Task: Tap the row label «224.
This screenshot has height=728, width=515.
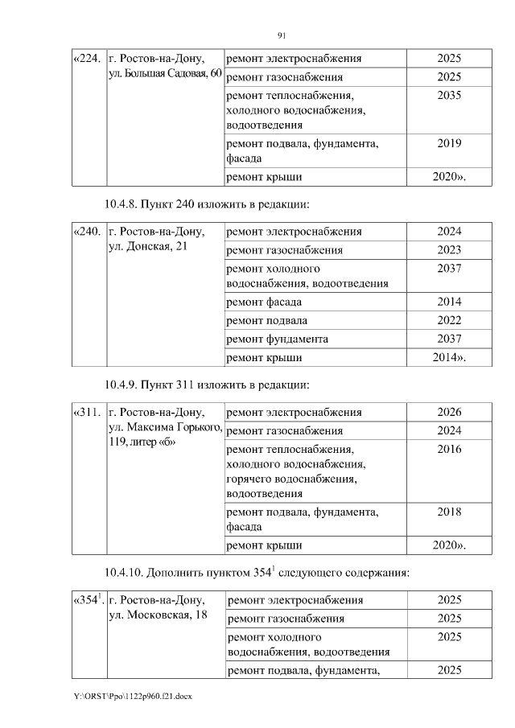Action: [x=88, y=59]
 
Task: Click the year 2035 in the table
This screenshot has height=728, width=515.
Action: [x=449, y=95]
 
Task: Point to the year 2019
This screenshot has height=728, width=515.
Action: [x=449, y=144]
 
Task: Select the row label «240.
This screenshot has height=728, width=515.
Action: [x=88, y=232]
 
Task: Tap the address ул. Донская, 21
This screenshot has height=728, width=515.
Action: [x=147, y=246]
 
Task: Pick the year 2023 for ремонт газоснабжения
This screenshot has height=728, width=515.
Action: [x=449, y=250]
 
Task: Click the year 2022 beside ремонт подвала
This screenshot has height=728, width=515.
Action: [x=449, y=320]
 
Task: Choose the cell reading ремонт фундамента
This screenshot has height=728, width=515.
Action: [x=278, y=339]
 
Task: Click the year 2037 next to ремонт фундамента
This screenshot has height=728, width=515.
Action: [x=449, y=339]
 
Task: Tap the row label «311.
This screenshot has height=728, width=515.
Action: [x=88, y=413]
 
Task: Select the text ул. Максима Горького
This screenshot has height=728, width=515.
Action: [x=164, y=427]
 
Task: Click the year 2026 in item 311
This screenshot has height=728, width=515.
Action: [x=449, y=413]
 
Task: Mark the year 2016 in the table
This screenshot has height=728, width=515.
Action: [x=449, y=450]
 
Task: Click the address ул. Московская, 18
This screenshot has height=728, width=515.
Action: [x=156, y=615]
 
